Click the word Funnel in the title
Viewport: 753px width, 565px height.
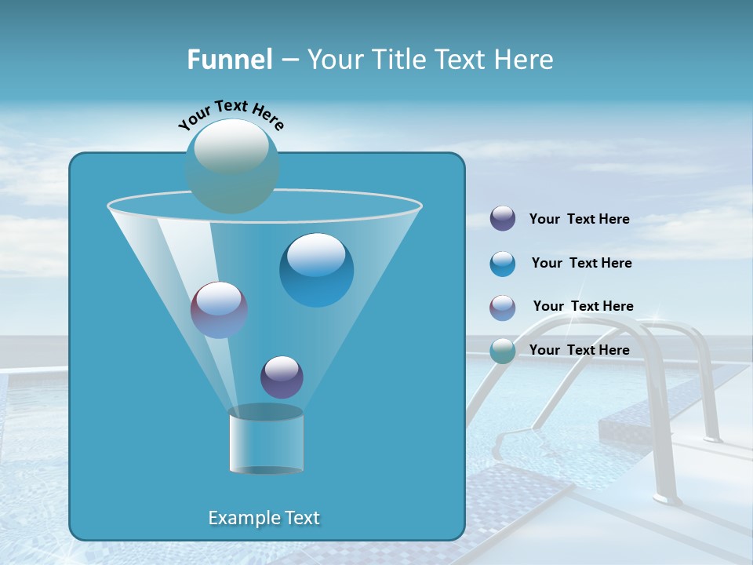(229, 60)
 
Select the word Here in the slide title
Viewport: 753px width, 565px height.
(525, 60)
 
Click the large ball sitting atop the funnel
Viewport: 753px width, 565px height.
(232, 166)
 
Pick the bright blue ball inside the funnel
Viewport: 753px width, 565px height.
(316, 270)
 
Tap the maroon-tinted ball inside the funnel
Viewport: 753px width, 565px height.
(219, 310)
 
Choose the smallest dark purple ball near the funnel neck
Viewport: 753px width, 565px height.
(282, 377)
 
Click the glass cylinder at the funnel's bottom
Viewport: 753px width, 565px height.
(267, 442)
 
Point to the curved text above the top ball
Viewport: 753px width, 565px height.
(231, 115)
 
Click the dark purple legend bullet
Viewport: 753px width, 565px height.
(503, 218)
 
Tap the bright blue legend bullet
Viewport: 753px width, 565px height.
(503, 264)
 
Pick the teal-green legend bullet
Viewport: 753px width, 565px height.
(503, 351)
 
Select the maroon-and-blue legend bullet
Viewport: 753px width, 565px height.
(503, 308)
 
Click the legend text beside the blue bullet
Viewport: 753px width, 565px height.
(581, 263)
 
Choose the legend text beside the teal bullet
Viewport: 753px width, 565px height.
(579, 350)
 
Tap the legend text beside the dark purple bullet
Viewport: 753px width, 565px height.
(579, 219)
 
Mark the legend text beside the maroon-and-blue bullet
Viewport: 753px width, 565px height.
(583, 306)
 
